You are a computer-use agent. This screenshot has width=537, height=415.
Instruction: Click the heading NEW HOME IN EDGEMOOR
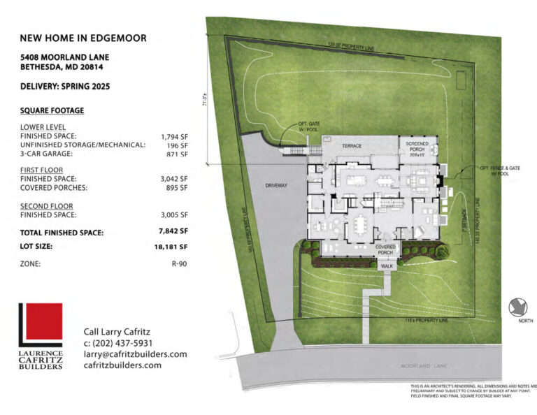tap(83, 38)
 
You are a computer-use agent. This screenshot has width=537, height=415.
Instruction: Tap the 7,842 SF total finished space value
tap(173, 232)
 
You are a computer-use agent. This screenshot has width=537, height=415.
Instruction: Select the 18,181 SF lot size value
tap(172, 247)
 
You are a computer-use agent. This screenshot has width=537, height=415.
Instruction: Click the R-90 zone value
tap(179, 264)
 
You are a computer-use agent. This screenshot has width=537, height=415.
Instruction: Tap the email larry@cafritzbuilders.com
tap(135, 354)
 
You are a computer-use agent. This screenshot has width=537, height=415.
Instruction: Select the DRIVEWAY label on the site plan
tap(278, 186)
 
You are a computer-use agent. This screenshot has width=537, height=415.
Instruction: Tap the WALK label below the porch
tap(387, 265)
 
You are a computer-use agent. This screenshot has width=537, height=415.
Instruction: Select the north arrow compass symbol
tap(518, 307)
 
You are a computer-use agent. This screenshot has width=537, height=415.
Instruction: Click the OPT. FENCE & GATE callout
tap(496, 170)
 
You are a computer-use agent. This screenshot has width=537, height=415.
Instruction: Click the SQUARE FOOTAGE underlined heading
tap(52, 110)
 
